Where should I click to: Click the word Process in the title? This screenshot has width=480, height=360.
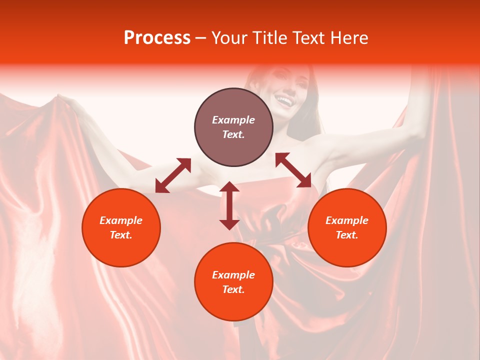point(157,38)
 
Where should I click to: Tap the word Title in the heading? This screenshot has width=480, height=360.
point(268,38)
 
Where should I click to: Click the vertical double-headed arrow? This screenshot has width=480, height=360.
point(229,205)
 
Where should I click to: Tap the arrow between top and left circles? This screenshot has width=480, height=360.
point(173,175)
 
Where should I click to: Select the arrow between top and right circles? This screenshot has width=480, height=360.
point(293,170)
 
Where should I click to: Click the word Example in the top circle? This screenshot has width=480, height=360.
point(233,120)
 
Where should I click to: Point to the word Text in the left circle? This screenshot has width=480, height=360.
point(121,235)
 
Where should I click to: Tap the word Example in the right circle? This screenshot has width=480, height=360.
point(347,220)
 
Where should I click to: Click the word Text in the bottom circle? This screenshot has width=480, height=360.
point(233,289)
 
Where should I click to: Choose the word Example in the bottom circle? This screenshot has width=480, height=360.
point(233,275)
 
